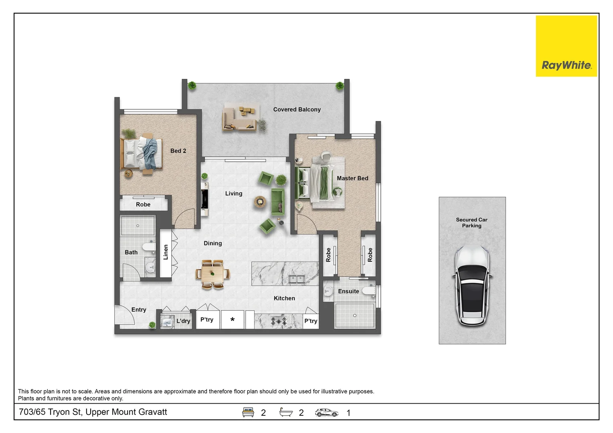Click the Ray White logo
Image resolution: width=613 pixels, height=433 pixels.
pyautogui.click(x=566, y=46)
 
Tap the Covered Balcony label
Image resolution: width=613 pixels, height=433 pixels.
pyautogui.click(x=297, y=109)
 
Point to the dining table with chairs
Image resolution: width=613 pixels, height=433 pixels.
pyautogui.click(x=212, y=274)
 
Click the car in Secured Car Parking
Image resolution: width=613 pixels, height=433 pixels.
pyautogui.click(x=472, y=285)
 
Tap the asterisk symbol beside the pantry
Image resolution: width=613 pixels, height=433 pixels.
pyautogui.click(x=232, y=320)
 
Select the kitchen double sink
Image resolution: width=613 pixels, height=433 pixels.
pyautogui.click(x=297, y=279)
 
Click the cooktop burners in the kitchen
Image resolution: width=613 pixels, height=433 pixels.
pyautogui.click(x=279, y=321)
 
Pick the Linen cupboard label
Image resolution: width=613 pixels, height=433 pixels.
pyautogui.click(x=166, y=252)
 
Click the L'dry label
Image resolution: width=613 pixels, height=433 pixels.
pyautogui.click(x=183, y=321)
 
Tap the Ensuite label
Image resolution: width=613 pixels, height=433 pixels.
pyautogui.click(x=348, y=291)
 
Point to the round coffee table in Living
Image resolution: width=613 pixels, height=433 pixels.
pyautogui.click(x=260, y=202)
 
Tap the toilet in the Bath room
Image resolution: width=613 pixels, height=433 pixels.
pyautogui.click(x=149, y=247)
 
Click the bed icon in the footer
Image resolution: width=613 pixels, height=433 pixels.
pyautogui.click(x=248, y=412)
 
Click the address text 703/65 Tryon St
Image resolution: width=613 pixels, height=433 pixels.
pyautogui.click(x=93, y=412)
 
